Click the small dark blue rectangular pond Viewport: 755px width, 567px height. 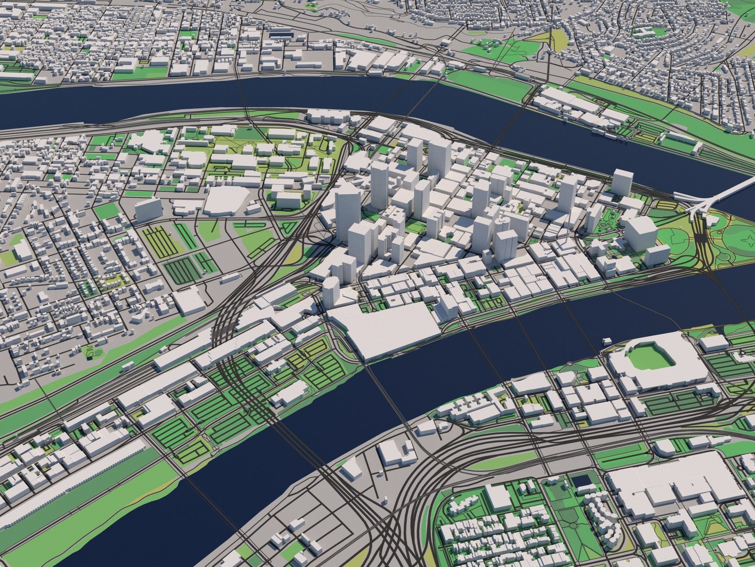point(579,480)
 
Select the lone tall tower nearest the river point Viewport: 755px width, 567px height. point(622,183)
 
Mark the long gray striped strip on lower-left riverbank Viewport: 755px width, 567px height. point(79,488)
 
